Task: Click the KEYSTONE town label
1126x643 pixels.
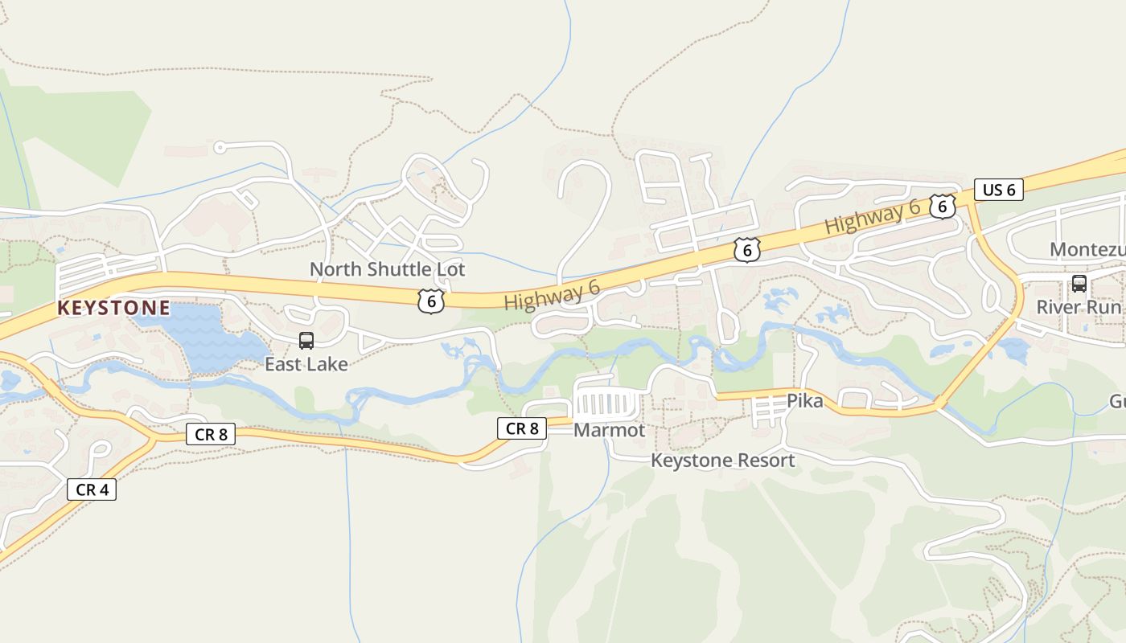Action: coord(113,308)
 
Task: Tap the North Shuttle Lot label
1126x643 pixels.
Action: coord(387,269)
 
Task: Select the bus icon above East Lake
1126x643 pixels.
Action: coord(306,341)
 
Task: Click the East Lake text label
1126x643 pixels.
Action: coord(306,364)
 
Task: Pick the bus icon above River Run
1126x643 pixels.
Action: coord(1079,284)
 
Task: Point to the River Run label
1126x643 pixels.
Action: coord(1078,307)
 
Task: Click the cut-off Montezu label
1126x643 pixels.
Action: coord(1087,250)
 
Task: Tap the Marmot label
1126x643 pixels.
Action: coord(609,430)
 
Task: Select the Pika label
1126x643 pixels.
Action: coord(804,400)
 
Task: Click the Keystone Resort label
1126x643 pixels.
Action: coord(722,461)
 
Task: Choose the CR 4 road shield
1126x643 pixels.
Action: coord(92,489)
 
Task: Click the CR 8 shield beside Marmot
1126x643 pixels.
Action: coord(522,428)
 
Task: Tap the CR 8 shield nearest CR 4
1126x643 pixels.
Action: coord(212,434)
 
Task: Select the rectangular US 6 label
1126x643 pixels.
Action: coord(998,190)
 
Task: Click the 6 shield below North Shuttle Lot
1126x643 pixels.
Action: coord(431,301)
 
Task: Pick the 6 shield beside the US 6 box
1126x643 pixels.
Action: coord(942,207)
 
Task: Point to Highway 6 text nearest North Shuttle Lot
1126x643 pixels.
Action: coord(552,295)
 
